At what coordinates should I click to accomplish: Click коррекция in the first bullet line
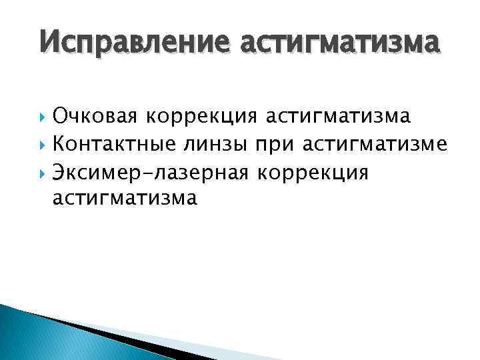click(202, 118)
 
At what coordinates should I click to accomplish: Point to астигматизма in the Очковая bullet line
click(339, 118)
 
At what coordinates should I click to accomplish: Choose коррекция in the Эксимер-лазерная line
click(312, 173)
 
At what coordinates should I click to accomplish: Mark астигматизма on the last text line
click(124, 199)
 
